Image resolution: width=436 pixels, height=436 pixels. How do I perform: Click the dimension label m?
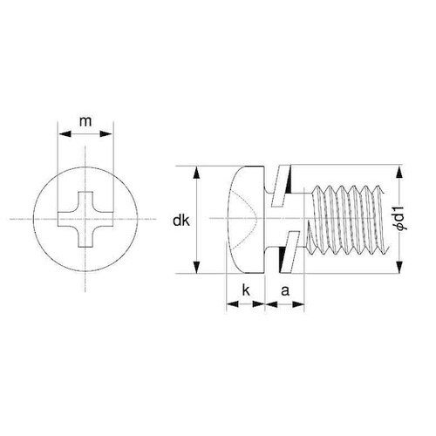pyautogui.click(x=85, y=121)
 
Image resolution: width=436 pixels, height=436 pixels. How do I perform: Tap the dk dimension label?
pyautogui.click(x=181, y=221)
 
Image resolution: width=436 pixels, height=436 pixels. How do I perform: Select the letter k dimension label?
pyautogui.click(x=246, y=290)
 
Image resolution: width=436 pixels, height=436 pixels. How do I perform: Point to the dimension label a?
pyautogui.click(x=285, y=290)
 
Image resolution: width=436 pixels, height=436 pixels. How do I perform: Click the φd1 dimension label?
pyautogui.click(x=402, y=219)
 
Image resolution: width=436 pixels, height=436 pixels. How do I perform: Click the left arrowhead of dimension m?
pyautogui.click(x=65, y=134)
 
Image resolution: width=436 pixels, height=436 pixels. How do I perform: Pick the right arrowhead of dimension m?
pyautogui.click(x=106, y=134)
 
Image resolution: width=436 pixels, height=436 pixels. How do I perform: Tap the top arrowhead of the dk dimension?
pyautogui.click(x=197, y=172)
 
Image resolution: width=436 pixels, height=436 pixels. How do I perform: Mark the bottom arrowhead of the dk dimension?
pyautogui.click(x=197, y=268)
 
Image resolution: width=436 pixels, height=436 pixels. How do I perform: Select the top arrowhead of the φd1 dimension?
pyautogui.click(x=400, y=171)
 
